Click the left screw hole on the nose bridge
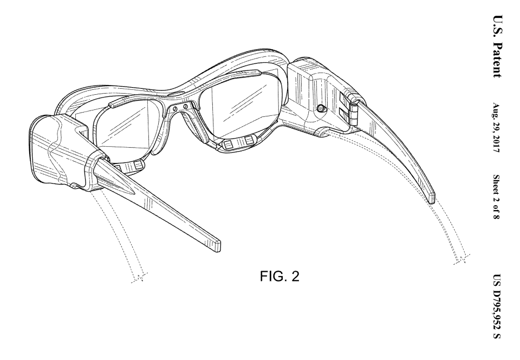click(x=178, y=108)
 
